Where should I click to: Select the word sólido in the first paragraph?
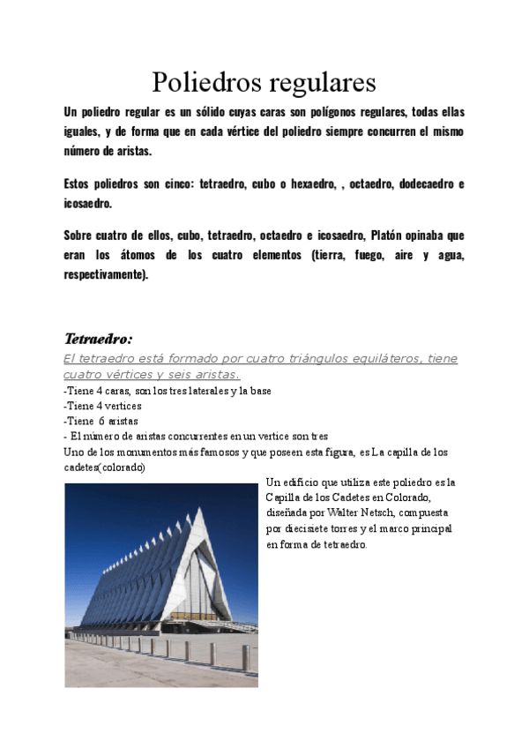coord(190,113)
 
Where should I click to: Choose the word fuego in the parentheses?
coord(359,255)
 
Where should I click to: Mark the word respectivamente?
coord(107,273)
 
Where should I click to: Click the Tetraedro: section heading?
coord(98,339)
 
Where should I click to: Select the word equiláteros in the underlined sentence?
coord(339,358)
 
